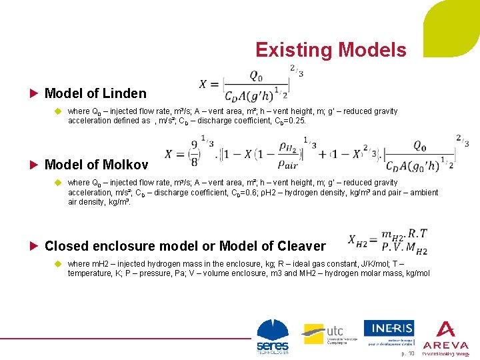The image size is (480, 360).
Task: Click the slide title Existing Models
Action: [330, 50]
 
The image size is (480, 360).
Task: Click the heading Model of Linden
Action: [95, 93]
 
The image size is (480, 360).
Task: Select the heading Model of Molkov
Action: [96, 164]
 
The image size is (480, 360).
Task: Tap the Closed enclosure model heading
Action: [185, 246]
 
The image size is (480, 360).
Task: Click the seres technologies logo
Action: [273, 337]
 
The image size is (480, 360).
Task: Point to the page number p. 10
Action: [407, 353]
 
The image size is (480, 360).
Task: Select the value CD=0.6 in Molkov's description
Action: [200, 193]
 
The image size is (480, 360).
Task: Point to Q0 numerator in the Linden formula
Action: [256, 75]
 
